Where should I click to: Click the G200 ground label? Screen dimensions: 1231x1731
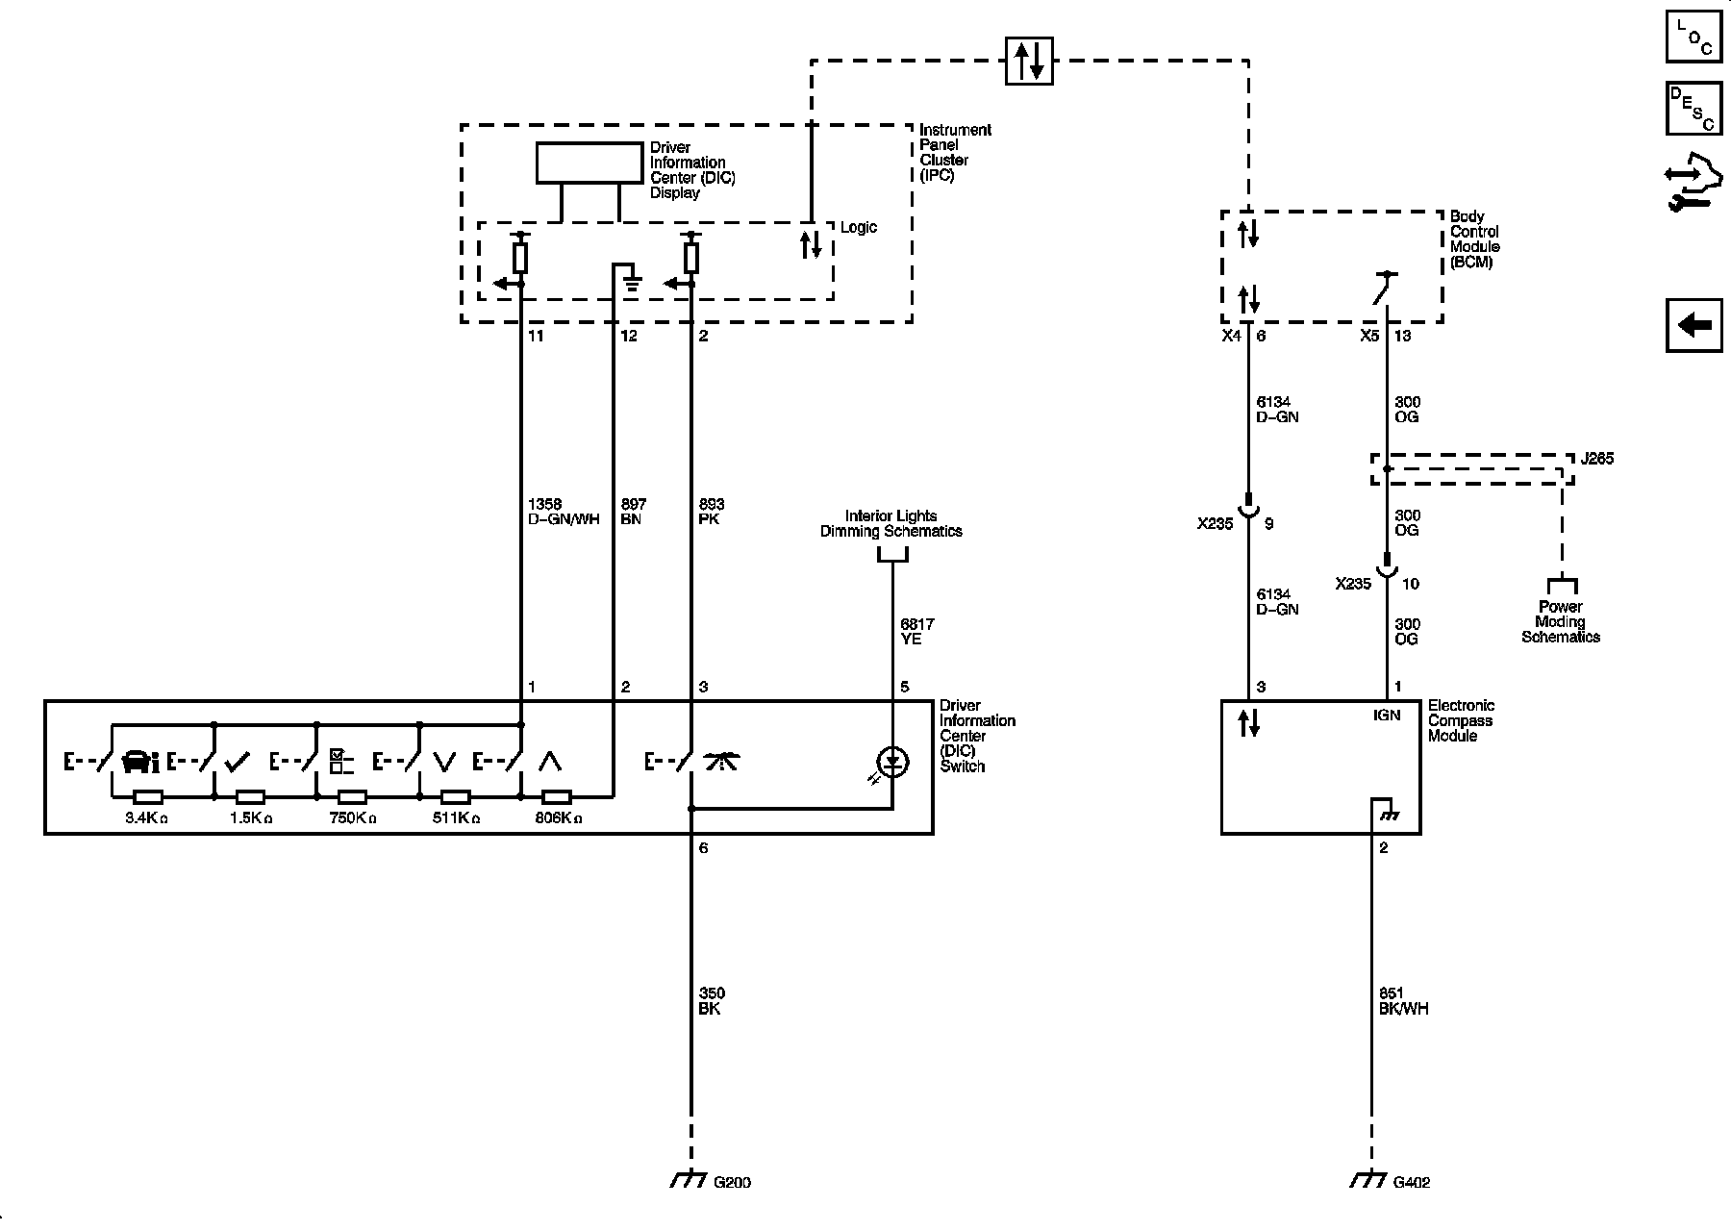pyautogui.click(x=732, y=1182)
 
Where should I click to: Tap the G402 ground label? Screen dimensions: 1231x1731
pyautogui.click(x=1411, y=1182)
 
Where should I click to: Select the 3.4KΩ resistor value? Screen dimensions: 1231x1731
pyautogui.click(x=146, y=818)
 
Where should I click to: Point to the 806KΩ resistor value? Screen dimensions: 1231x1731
pyautogui.click(x=559, y=818)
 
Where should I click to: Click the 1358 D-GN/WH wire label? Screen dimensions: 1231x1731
pyautogui.click(x=564, y=512)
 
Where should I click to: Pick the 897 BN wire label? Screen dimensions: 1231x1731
pyautogui.click(x=633, y=512)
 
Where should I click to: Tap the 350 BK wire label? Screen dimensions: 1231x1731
pyautogui.click(x=711, y=1001)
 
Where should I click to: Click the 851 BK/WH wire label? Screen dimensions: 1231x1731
pyautogui.click(x=1403, y=1001)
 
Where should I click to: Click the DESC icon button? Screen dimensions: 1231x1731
pyautogui.click(x=1693, y=109)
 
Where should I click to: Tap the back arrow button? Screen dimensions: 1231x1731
pyautogui.click(x=1693, y=325)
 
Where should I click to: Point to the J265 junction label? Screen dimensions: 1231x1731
pyautogui.click(x=1597, y=459)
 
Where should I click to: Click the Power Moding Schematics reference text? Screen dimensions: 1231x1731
pyautogui.click(x=1560, y=621)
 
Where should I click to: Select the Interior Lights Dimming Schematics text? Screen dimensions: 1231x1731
pyautogui.click(x=891, y=523)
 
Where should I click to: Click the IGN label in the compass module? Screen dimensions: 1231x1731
pyautogui.click(x=1387, y=716)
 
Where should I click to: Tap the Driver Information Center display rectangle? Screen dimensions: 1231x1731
pyautogui.click(x=590, y=163)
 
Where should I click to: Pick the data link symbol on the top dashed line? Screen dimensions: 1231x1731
pyautogui.click(x=1029, y=61)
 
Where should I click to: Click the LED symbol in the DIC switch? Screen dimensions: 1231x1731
pyautogui.click(x=893, y=763)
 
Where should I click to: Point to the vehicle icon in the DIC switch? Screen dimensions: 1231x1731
pyautogui.click(x=140, y=763)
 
